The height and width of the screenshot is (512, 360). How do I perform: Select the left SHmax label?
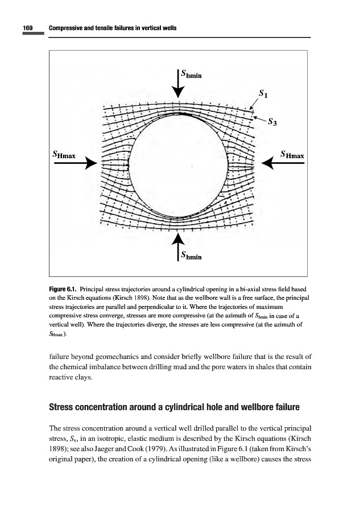[64, 154]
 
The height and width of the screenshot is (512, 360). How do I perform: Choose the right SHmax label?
[293, 154]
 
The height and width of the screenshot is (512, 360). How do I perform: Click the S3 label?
[272, 121]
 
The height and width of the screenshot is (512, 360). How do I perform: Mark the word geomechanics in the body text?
[113, 358]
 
